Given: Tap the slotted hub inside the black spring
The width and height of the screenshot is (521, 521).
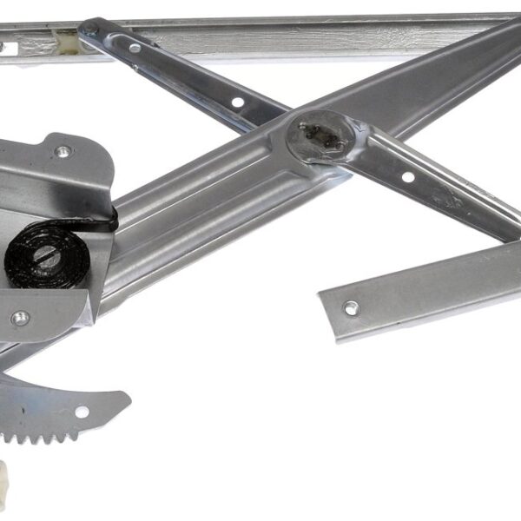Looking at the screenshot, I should (45, 258).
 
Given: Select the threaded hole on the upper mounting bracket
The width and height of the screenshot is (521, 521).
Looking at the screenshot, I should (62, 152).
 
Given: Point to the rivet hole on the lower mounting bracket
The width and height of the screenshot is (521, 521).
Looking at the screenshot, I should (19, 318).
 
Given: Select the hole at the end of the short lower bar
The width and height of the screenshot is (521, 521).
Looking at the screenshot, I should (351, 307).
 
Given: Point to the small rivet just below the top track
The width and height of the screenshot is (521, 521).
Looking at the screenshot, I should (135, 48).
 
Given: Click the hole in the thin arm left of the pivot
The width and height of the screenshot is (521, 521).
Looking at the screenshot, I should (237, 102).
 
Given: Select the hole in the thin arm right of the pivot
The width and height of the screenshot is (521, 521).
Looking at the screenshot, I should (407, 177).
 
